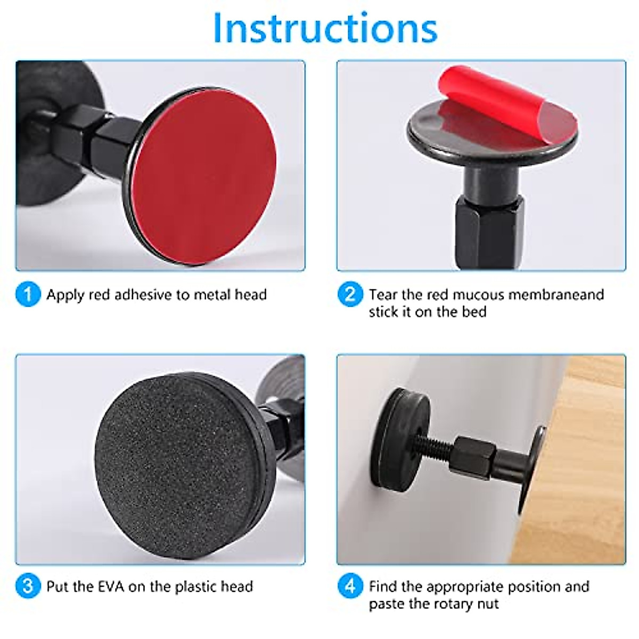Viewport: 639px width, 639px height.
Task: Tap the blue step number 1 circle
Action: pos(28,294)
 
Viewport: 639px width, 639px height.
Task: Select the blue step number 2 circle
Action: pos(350,294)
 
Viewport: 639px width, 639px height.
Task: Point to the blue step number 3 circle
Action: pos(28,586)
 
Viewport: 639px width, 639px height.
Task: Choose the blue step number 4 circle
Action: pos(350,586)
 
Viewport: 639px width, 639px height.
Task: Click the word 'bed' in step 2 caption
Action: pos(473,312)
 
